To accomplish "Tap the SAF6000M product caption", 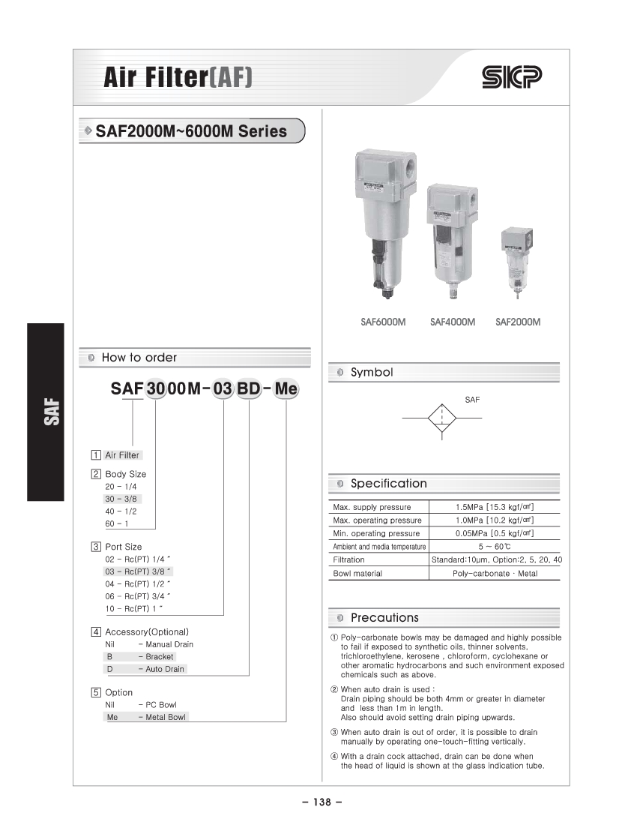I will pos(382,322).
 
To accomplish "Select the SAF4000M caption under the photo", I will pos(453,322).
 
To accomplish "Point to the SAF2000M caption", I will pos(518,322).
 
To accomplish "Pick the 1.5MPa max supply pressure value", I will pos(495,507).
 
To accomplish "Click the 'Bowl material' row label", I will pos(357,574).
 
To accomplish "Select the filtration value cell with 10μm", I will pos(497,560).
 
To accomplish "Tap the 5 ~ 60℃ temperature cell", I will pos(495,547).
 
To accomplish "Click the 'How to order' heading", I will pos(139,358).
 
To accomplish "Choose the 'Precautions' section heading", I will pos(384,618).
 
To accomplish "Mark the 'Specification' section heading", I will pos(388,484).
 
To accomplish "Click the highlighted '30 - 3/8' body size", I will pos(122,499).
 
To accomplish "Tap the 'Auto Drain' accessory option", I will pos(164,669).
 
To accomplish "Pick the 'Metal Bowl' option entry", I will pos(165,717).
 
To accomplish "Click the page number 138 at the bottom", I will pos(322,802).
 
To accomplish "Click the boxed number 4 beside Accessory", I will pos(96,632).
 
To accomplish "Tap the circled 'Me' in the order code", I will pos(286,389).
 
